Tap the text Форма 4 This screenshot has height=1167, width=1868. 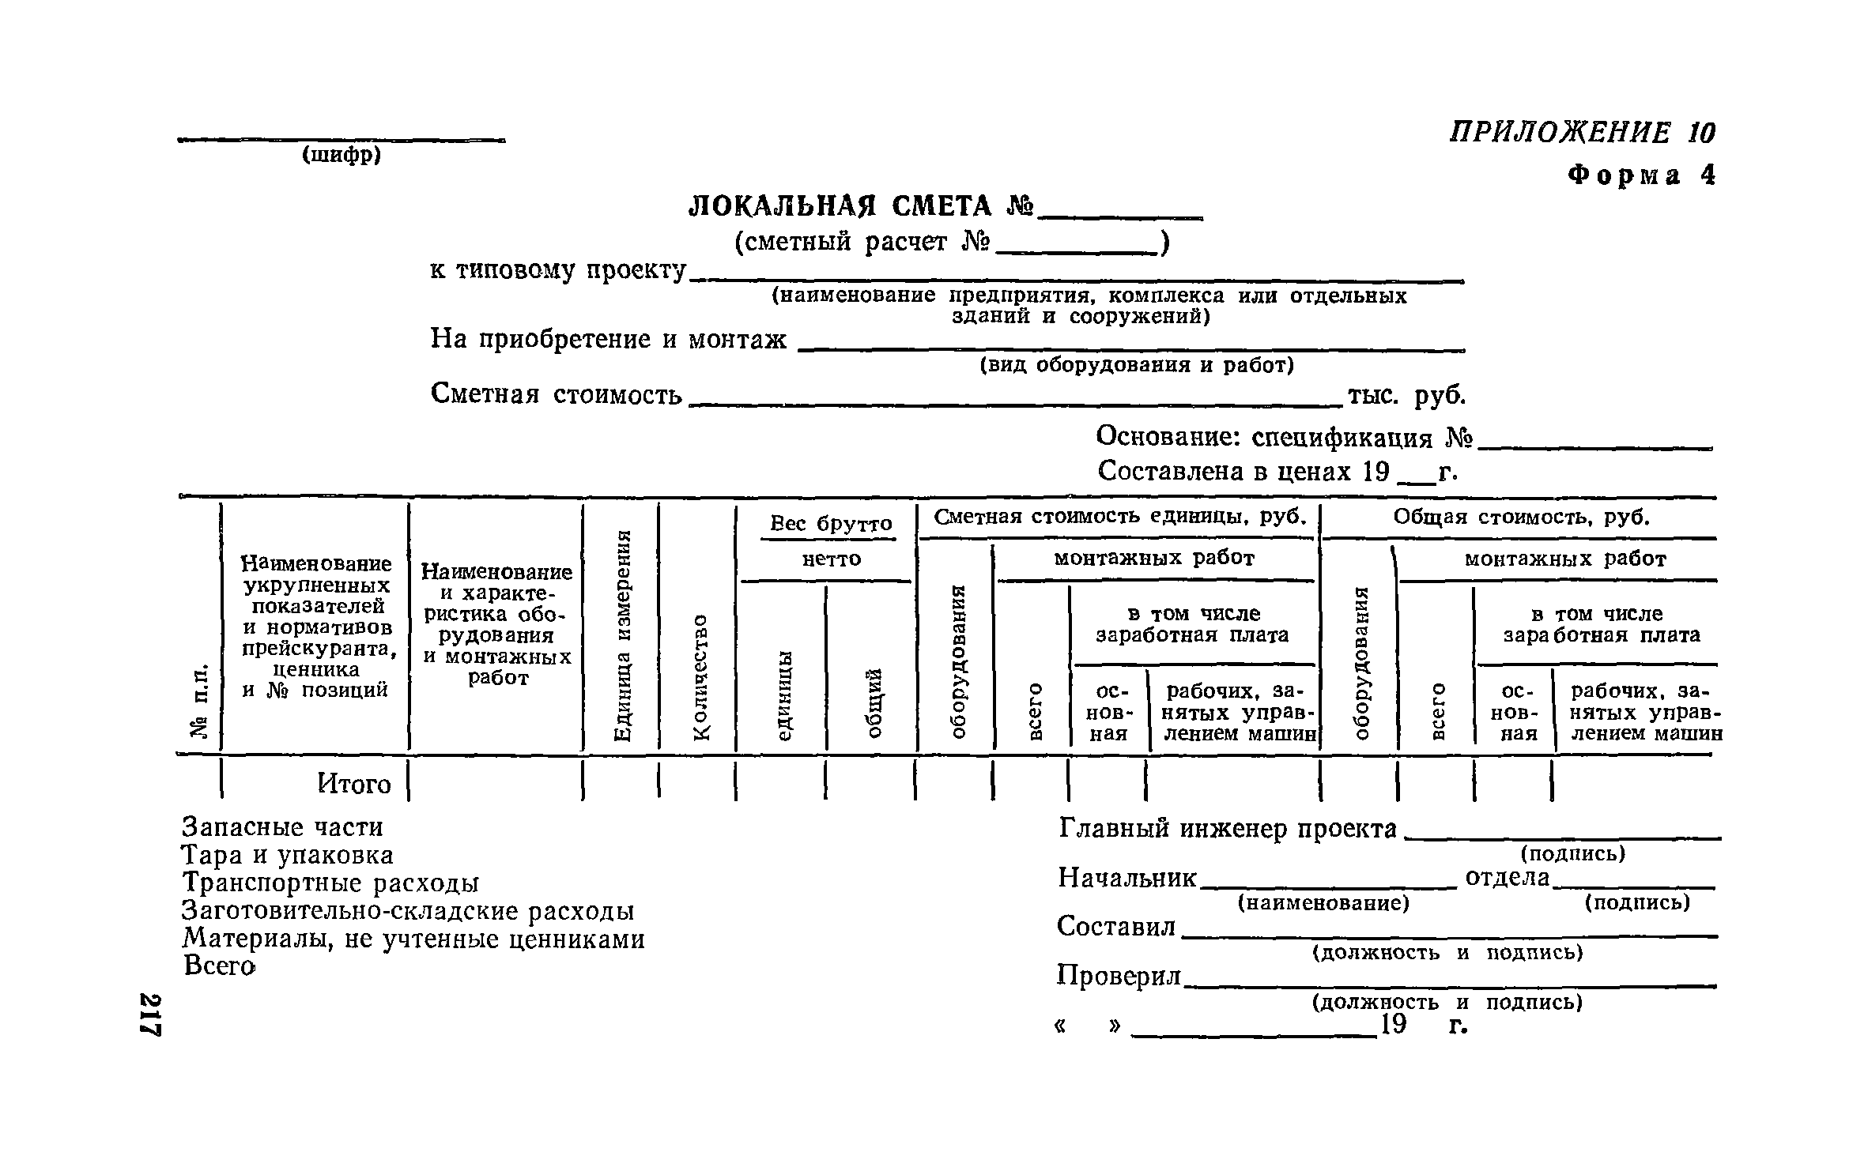pyautogui.click(x=1640, y=175)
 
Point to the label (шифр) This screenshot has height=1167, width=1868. pyautogui.click(x=342, y=156)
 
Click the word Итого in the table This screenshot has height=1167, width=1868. pyautogui.click(x=354, y=784)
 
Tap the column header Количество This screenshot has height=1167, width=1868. pyautogui.click(x=700, y=677)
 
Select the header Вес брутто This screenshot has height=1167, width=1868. pyautogui.click(x=831, y=524)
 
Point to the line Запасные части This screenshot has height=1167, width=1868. pyautogui.click(x=282, y=827)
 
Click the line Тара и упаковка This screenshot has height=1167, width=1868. pyautogui.click(x=288, y=855)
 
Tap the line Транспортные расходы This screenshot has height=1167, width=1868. pyautogui.click(x=330, y=883)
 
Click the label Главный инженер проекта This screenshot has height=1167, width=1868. pyautogui.click(x=1227, y=829)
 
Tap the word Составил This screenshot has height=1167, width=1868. pyautogui.click(x=1116, y=927)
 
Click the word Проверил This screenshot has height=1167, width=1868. pyautogui.click(x=1119, y=976)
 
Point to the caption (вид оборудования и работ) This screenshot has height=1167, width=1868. pyautogui.click(x=1137, y=365)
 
